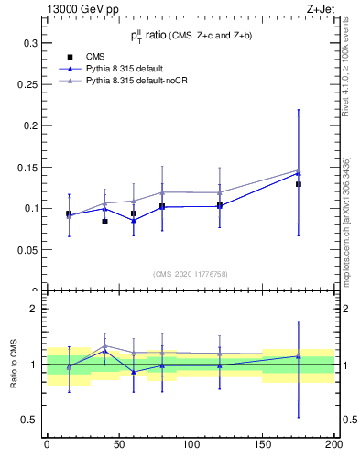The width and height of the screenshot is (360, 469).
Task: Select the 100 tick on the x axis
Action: coord(191,444)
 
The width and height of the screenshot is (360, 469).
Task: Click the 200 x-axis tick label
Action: coord(333,444)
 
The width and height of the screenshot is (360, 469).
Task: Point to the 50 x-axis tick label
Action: coord(118,444)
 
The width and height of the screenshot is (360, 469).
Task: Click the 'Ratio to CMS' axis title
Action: coord(14,365)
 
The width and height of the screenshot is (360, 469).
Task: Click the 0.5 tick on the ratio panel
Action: coord(29,420)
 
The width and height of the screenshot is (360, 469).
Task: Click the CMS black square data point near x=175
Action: coord(299,184)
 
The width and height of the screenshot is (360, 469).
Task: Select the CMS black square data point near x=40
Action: coord(105,222)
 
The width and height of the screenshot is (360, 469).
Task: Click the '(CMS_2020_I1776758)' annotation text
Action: coord(190,274)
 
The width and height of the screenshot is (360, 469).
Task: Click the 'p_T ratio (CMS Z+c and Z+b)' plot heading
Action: coord(190,36)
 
